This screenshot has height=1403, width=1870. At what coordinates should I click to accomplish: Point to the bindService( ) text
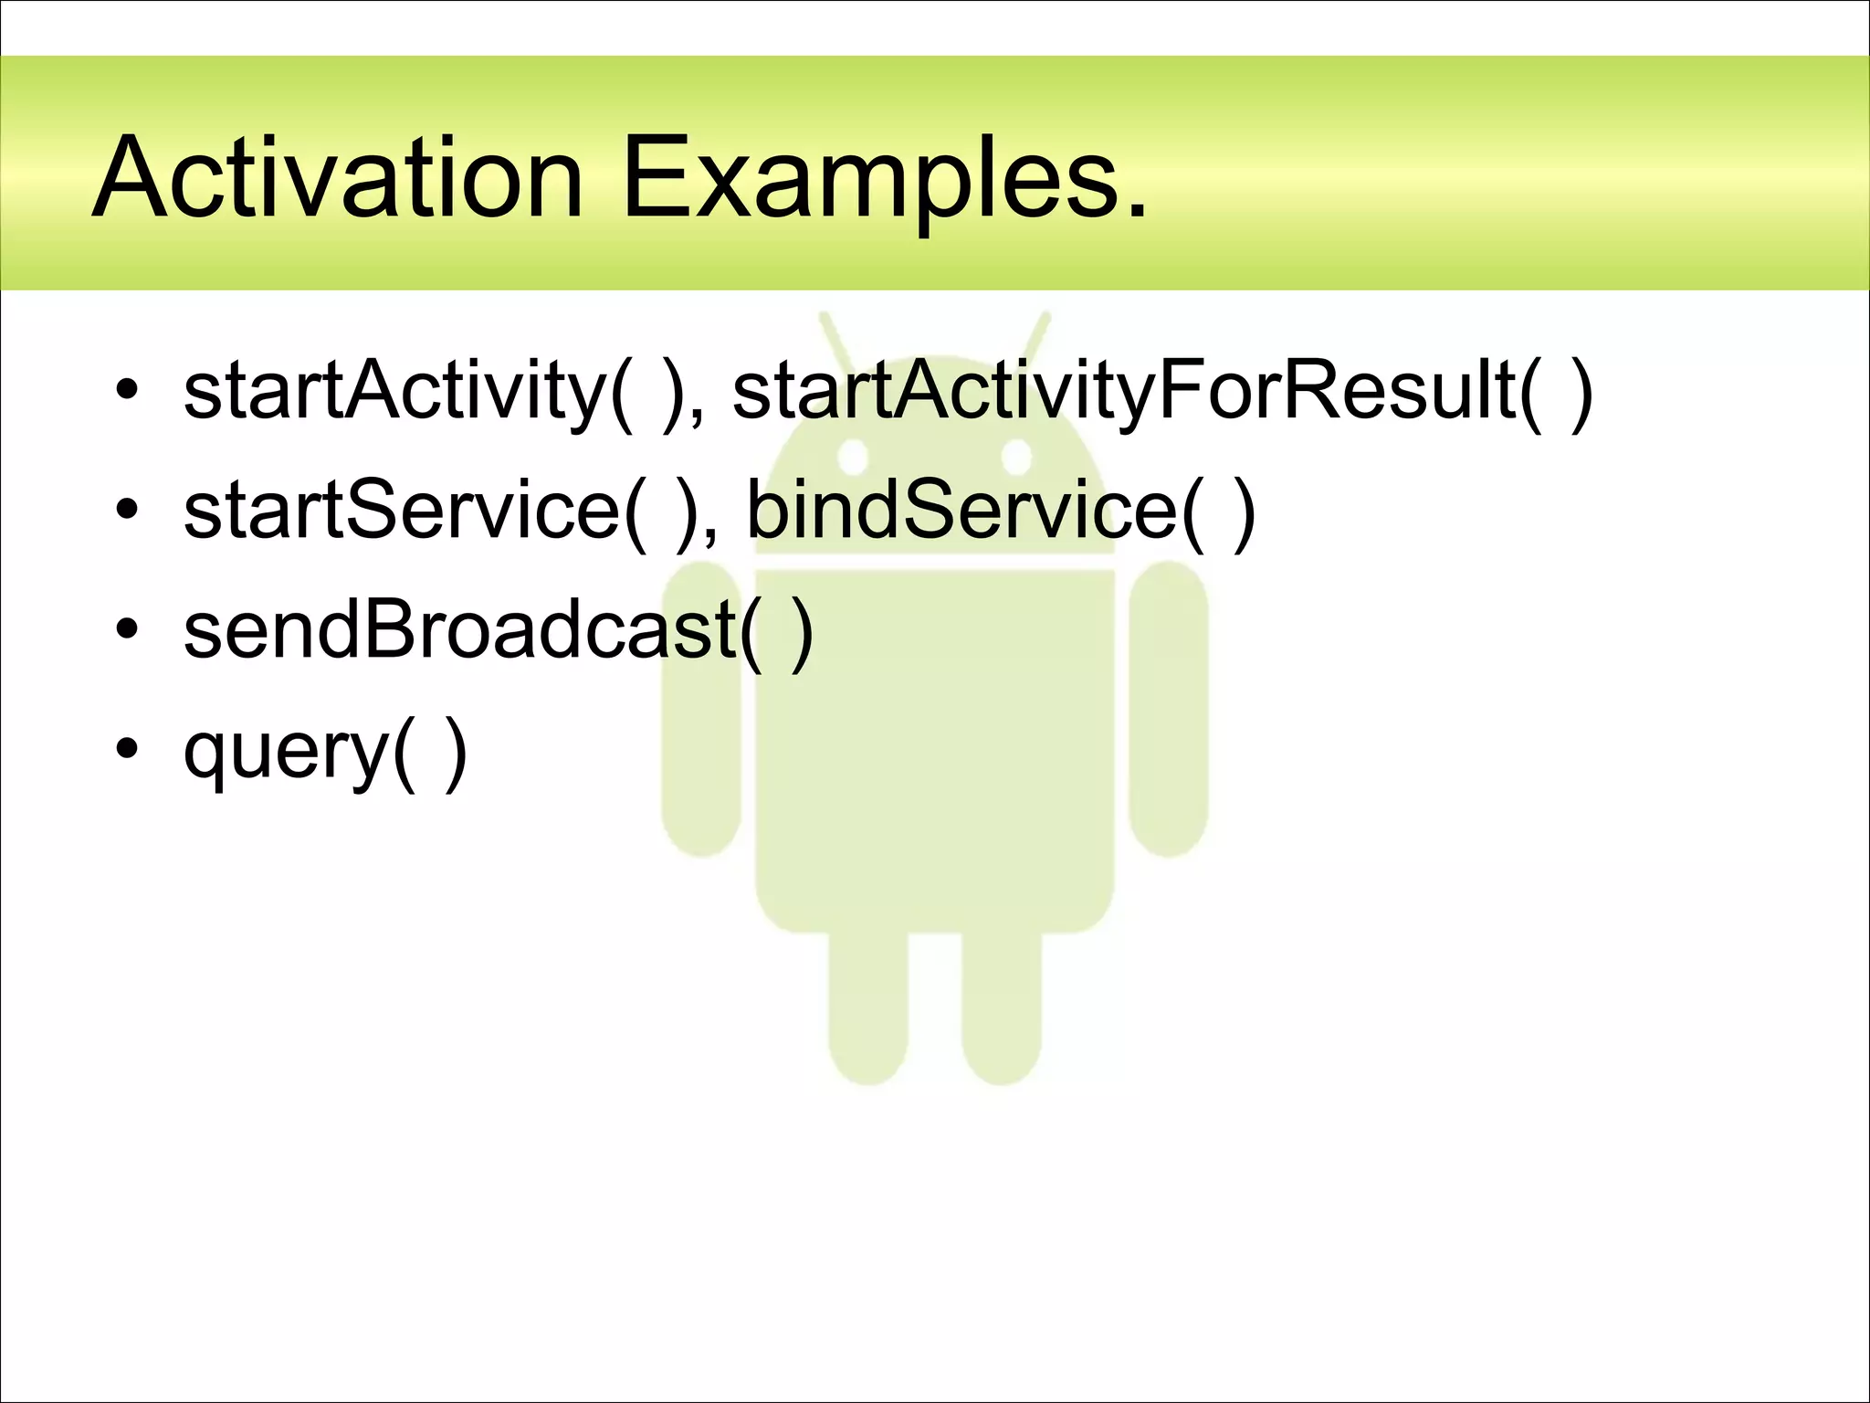coord(1001,512)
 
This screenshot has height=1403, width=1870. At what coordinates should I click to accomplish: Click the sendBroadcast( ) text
coord(498,630)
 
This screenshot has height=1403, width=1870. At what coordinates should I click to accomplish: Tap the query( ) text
coord(325,751)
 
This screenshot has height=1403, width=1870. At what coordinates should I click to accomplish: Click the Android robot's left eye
coord(853,457)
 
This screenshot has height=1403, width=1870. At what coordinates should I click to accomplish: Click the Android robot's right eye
coord(1016,457)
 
